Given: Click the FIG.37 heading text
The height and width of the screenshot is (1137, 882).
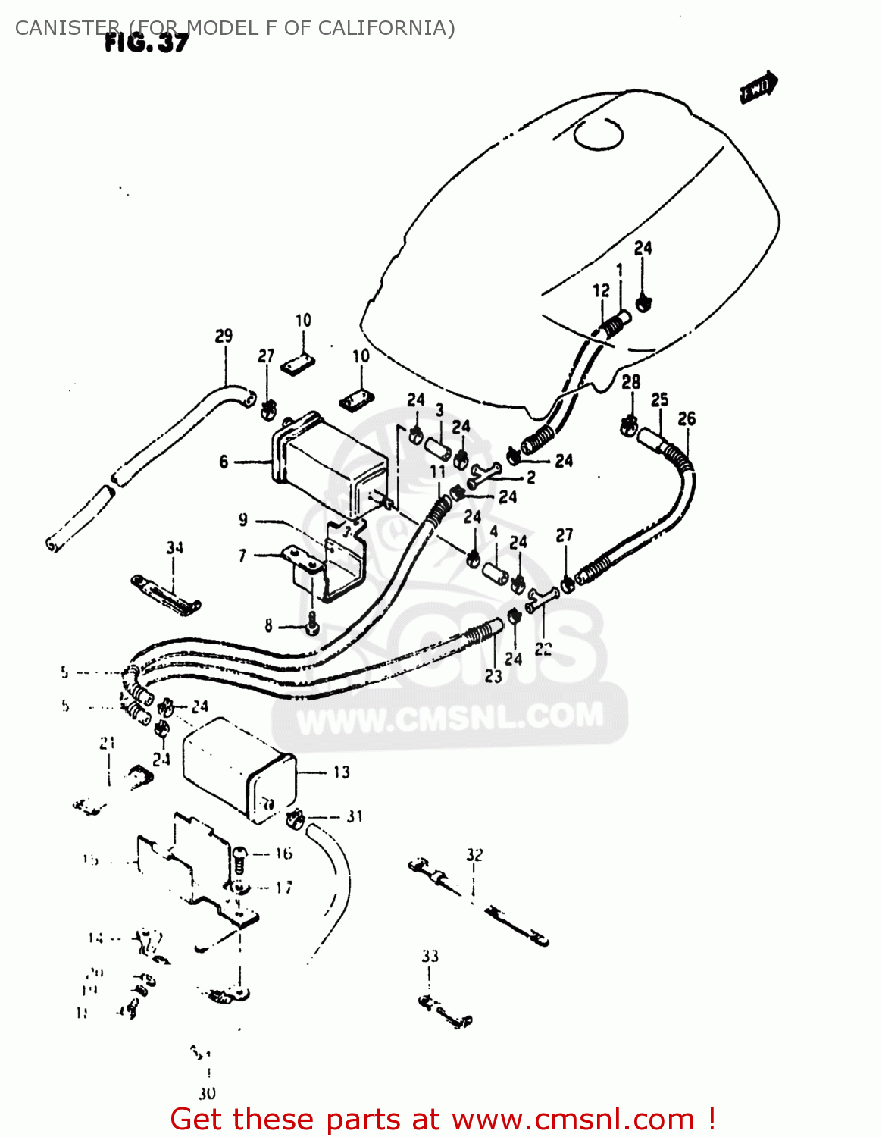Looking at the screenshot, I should [x=146, y=42].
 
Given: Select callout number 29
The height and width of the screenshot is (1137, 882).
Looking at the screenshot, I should [x=224, y=336].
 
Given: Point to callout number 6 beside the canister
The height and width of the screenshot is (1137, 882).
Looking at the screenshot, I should [x=224, y=462].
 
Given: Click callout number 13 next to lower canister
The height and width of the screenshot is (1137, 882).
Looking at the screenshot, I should [x=342, y=772].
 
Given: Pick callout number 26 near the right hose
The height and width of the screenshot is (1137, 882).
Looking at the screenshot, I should [x=687, y=418].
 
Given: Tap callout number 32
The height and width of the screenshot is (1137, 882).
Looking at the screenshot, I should [x=474, y=855].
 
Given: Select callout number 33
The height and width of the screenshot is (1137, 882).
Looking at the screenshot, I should [x=430, y=957].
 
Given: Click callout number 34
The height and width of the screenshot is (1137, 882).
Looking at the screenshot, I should [x=175, y=547].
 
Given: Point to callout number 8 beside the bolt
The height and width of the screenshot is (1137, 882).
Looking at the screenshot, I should [x=268, y=626].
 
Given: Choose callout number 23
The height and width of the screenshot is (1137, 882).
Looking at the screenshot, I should [x=493, y=676].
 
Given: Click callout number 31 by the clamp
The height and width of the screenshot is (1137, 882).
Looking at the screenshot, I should [x=355, y=816].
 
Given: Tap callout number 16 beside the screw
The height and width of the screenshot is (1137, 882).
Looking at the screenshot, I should [x=284, y=854].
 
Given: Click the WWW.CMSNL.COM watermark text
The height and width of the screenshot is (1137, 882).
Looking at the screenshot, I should [x=450, y=717].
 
